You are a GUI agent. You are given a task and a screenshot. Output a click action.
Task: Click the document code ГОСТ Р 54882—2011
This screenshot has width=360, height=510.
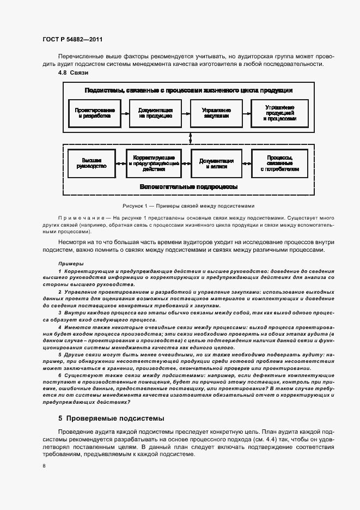72,39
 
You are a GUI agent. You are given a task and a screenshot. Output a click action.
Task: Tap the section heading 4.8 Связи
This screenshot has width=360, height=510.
74,73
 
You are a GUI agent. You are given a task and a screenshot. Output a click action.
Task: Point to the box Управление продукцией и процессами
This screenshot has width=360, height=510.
279,113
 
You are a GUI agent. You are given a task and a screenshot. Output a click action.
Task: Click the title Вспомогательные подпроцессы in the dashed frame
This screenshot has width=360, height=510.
188,187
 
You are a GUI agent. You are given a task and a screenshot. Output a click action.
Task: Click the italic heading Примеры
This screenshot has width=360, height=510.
67,263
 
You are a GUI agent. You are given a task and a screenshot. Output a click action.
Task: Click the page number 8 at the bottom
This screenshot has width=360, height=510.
45,466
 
